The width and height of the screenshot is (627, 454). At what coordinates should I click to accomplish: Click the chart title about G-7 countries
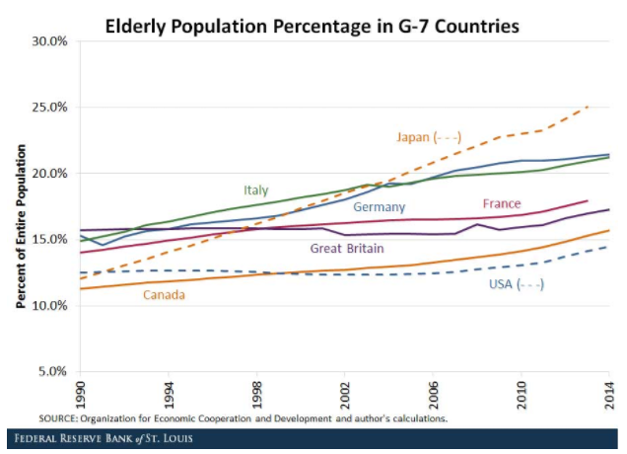(313, 25)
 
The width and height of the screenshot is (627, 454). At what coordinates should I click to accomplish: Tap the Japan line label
(429, 136)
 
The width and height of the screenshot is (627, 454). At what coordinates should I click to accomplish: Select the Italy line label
(256, 189)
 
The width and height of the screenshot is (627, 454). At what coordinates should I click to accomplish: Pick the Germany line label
(380, 206)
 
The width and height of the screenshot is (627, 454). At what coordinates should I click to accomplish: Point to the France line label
(502, 203)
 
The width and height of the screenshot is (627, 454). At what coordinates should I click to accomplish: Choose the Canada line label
(165, 294)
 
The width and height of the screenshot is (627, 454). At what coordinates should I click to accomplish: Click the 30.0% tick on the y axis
(49, 40)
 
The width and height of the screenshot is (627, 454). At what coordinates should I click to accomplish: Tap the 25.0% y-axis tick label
(49, 107)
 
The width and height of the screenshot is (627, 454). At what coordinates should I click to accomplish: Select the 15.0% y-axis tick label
(49, 239)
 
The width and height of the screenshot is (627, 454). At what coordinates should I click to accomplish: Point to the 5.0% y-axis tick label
(51, 371)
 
